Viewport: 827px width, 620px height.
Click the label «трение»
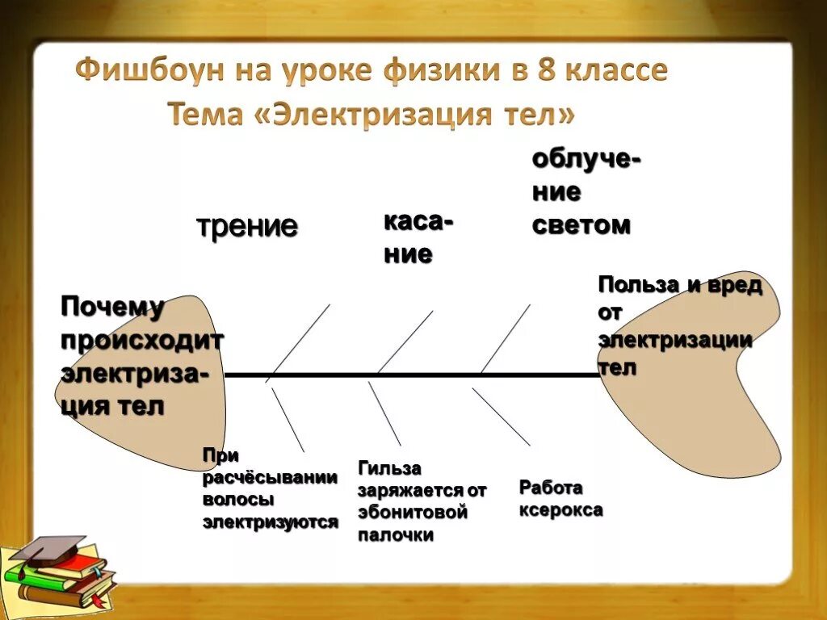247,227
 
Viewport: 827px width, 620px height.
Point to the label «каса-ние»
417,237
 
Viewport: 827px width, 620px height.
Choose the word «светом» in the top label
581,226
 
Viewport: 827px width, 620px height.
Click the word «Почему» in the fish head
112,307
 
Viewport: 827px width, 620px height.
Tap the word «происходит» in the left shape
142,340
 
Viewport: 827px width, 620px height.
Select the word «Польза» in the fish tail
639,286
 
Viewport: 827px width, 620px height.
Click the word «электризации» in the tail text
675,340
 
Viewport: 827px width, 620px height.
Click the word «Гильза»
391,468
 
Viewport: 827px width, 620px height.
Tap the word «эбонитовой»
413,512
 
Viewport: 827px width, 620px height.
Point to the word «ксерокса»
560,510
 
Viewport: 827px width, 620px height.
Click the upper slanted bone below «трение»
299,341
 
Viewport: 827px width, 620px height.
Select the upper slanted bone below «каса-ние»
406,341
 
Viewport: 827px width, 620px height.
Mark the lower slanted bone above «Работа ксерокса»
501,417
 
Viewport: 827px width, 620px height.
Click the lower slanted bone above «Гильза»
384,413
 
